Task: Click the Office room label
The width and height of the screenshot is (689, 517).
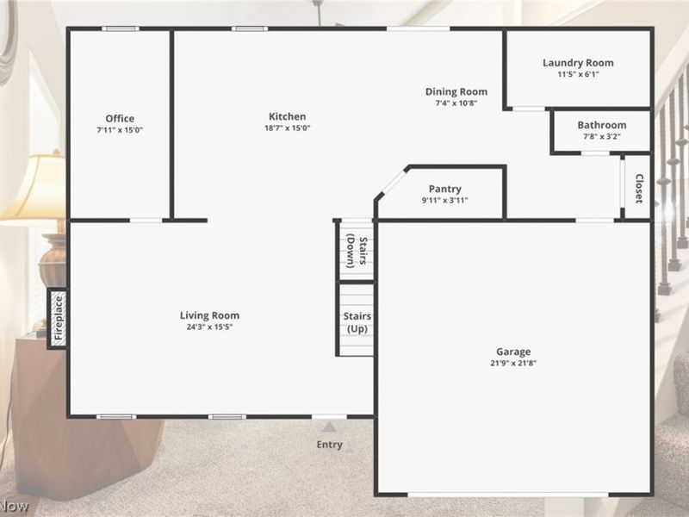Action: click(x=120, y=118)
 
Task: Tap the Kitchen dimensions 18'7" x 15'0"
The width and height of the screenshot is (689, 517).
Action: click(x=289, y=128)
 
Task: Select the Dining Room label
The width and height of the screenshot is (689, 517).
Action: click(x=456, y=91)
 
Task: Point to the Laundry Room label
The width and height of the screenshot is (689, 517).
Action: click(x=577, y=63)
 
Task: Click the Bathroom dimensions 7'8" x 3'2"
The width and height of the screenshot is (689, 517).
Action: click(x=601, y=136)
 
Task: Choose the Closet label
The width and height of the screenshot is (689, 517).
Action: click(x=639, y=189)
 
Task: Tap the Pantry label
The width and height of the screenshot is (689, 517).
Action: click(x=444, y=189)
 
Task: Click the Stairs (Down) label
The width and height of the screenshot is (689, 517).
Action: click(x=357, y=251)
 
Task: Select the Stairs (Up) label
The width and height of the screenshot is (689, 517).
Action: click(x=357, y=323)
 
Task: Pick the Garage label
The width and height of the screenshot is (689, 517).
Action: click(x=512, y=351)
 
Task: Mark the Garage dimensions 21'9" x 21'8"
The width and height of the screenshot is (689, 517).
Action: click(x=512, y=363)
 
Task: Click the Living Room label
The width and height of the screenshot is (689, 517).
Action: click(x=209, y=315)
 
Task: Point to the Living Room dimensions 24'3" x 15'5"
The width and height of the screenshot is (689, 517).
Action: click(x=209, y=327)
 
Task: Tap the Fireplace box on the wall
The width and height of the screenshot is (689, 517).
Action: click(x=57, y=319)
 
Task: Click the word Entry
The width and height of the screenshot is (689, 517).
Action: click(x=329, y=445)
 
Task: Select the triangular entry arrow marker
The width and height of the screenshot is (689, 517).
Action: click(x=329, y=426)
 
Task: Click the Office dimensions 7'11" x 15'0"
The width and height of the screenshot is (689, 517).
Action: click(x=120, y=129)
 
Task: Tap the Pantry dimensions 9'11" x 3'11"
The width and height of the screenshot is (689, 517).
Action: click(x=444, y=200)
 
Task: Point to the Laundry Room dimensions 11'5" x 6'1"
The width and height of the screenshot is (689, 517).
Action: click(x=577, y=74)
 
